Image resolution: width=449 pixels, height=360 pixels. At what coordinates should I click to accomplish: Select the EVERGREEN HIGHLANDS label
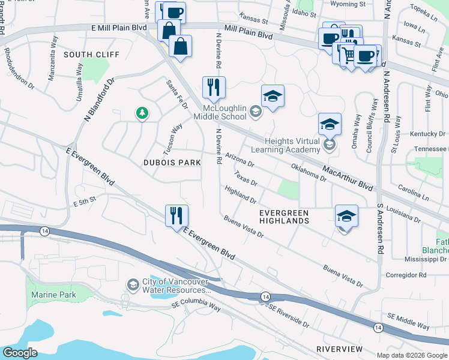(284, 217)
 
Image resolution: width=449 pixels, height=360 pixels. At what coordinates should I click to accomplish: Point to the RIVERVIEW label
(339, 349)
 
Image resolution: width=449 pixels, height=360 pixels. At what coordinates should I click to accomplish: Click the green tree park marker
(142, 113)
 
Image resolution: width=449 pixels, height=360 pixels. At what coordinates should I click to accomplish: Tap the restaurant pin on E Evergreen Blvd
(176, 215)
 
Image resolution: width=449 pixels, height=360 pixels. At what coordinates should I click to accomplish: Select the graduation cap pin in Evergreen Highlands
(346, 216)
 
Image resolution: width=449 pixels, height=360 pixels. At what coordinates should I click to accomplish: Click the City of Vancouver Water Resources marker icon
(132, 284)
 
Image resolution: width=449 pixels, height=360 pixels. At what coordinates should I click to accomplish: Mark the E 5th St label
(85, 203)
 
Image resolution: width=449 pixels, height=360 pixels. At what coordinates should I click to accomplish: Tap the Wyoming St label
(349, 4)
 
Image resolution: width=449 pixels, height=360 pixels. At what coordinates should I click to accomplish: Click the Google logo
(20, 353)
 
